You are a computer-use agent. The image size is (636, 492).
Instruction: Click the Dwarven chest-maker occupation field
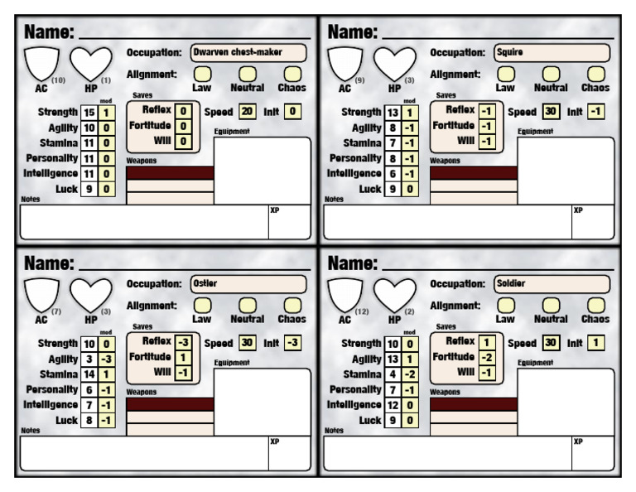coord(248,53)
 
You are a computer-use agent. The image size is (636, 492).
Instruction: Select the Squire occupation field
coord(552,53)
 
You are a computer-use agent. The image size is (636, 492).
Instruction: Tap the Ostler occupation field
coord(248,284)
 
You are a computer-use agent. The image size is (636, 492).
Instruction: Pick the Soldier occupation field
coord(552,284)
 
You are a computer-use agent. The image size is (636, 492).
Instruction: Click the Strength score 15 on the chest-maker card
coord(89,113)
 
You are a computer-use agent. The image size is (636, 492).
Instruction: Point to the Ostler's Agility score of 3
coord(89,359)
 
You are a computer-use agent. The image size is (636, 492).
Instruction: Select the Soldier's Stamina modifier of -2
coord(410,374)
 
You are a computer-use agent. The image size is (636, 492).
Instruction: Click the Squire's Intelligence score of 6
coord(393,174)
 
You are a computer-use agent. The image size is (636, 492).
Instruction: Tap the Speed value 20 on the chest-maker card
coord(247,112)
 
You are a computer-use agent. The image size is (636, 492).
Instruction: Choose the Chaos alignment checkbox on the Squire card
coord(596,75)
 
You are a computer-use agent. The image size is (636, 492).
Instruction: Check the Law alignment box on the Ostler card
coord(202,306)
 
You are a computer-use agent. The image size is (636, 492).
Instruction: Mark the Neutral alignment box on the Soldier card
coord(551,306)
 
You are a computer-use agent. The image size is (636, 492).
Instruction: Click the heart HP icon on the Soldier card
coord(394,295)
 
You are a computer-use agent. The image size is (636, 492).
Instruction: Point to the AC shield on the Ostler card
coord(41,295)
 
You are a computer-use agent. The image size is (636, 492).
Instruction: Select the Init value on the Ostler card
coord(292,343)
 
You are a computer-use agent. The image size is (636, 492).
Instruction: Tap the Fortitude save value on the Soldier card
coord(487,357)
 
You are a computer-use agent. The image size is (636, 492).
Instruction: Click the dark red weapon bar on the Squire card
coord(474,173)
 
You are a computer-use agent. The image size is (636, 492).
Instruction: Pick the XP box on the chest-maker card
coord(289,222)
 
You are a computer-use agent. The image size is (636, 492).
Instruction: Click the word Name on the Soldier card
coord(353,263)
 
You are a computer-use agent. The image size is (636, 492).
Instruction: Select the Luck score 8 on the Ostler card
coord(89,421)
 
